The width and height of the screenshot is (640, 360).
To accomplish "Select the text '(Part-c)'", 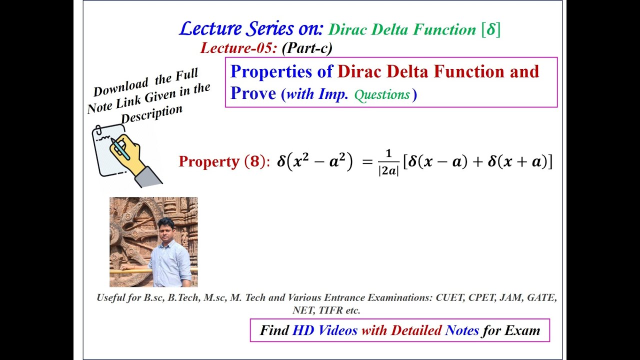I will click(307, 48).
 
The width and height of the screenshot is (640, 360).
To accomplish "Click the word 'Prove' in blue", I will click(253, 93).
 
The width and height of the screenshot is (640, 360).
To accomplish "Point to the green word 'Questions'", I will click(382, 94).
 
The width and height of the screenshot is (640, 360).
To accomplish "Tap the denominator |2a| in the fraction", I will click(388, 170).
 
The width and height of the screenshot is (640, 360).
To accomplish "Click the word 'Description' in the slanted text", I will click(151, 114).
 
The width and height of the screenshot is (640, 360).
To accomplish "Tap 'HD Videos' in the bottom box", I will click(325, 330).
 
